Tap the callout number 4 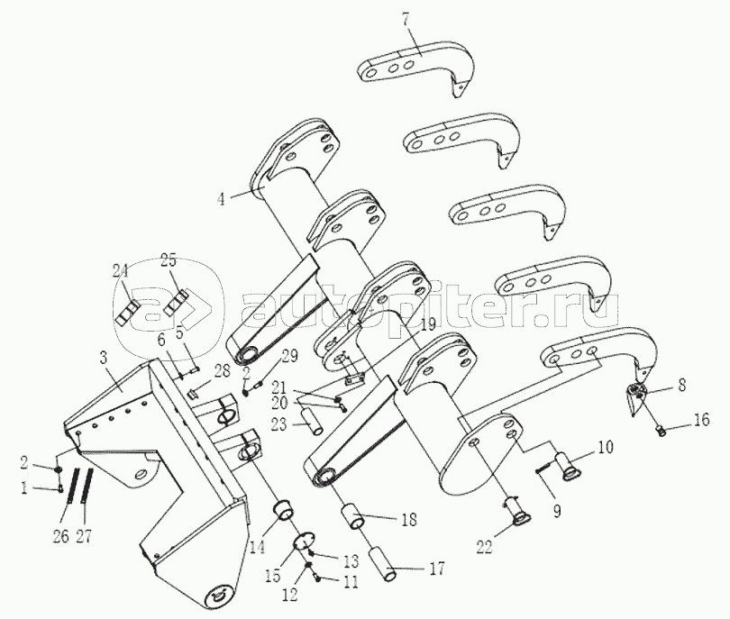coord(221,200)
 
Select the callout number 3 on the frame coord(103,359)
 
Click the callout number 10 coord(606,447)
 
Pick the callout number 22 coord(484,547)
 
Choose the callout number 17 coord(436,568)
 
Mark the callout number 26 coord(60,536)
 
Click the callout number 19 coord(427,324)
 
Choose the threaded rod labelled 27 coord(87,486)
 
